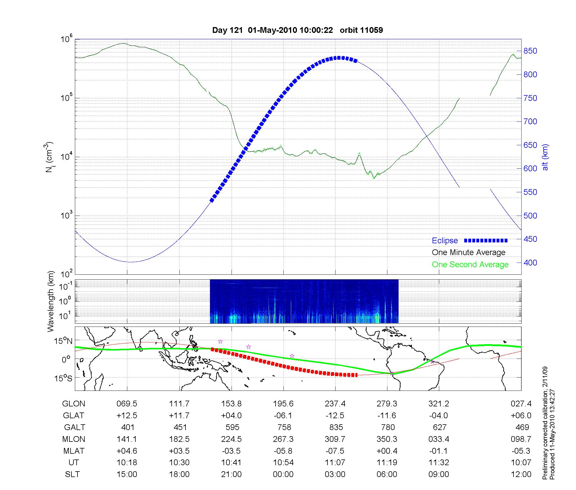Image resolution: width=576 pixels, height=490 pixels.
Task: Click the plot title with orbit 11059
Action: click(298, 30)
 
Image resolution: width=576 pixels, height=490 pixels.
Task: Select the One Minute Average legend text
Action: click(469, 252)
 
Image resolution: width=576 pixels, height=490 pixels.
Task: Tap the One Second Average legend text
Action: click(470, 265)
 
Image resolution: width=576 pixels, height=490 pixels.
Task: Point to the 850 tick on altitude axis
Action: click(530, 51)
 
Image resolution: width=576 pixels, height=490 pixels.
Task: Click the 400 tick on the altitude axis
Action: click(530, 263)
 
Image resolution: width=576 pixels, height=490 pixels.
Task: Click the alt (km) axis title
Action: click(545, 157)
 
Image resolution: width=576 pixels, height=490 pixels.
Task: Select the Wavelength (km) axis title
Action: click(51, 301)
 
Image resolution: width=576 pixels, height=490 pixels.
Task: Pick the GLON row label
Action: click(73, 404)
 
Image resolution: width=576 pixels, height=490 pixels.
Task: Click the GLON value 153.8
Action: click(231, 404)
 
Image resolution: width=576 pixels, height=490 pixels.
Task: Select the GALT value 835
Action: click(336, 427)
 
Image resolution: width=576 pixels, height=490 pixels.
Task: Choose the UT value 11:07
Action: click(335, 463)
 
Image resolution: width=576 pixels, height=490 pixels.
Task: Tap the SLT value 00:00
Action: click(283, 474)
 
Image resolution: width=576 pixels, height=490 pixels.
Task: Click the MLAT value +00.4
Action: click(387, 451)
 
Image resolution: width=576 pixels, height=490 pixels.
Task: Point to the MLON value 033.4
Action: click(439, 439)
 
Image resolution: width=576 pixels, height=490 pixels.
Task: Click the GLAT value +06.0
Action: click(522, 415)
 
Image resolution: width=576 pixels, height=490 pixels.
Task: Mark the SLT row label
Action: click(72, 474)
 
